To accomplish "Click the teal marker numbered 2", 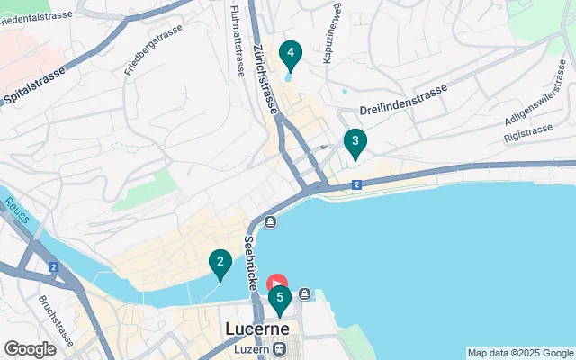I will click(x=220, y=264).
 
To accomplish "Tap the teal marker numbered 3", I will click(x=355, y=142).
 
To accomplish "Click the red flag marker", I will click(x=278, y=284).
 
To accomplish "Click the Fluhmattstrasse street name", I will click(x=237, y=41).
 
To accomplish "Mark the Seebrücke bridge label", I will click(x=251, y=262).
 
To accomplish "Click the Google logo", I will click(x=30, y=349).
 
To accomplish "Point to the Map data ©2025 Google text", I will click(x=520, y=353).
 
